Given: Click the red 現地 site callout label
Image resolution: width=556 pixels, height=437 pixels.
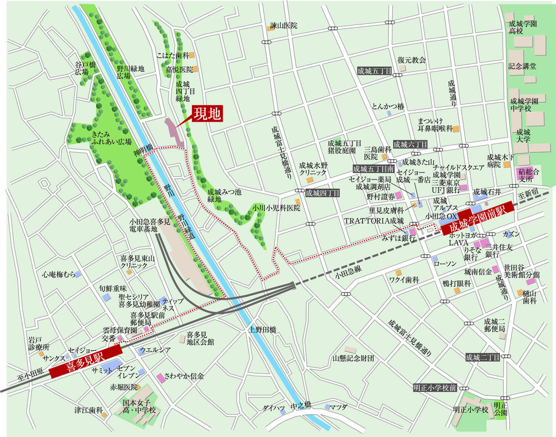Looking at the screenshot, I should (207, 114).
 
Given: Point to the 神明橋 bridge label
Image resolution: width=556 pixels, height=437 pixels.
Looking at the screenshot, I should (142, 151).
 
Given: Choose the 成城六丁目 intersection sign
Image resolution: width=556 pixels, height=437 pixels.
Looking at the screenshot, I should (410, 144).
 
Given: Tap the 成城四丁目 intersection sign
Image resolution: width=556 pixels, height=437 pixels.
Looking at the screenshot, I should (323, 193).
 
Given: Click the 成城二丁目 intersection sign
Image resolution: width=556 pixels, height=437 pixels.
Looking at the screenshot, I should (483, 357).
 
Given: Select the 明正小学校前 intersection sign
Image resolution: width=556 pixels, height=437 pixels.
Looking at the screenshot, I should (435, 387).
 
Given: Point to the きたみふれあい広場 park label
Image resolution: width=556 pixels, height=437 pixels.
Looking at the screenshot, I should (111, 138).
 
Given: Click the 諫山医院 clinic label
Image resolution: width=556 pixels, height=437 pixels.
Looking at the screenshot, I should (284, 26).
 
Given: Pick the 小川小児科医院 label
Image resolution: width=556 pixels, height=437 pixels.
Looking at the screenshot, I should (276, 207).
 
